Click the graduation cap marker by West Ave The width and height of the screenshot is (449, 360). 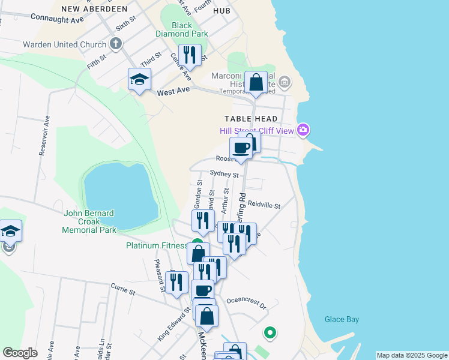(x=139, y=80)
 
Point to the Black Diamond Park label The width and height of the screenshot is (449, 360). (x=182, y=29)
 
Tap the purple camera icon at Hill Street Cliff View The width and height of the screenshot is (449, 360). (x=304, y=129)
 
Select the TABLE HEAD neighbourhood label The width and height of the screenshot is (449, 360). (x=251, y=119)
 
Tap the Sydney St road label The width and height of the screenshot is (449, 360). (x=224, y=174)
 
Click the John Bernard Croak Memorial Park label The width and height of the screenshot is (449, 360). (x=90, y=221)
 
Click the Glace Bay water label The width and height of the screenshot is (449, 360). (x=342, y=319)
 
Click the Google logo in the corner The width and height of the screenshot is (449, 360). (x=20, y=353)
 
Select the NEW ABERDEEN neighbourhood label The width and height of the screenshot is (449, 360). (x=94, y=9)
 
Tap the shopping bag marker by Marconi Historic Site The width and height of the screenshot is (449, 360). (x=256, y=83)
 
